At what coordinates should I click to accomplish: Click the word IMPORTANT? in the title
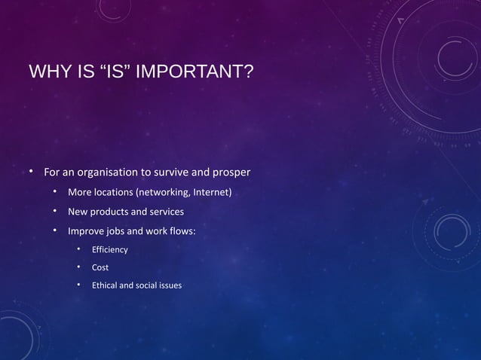click(201, 73)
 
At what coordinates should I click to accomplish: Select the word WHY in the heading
click(47, 73)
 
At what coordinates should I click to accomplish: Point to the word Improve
click(86, 230)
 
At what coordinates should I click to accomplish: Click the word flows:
click(182, 230)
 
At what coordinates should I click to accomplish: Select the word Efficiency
click(110, 249)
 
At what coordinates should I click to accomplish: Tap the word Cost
click(100, 267)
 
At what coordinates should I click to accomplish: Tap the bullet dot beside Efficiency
click(78, 249)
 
